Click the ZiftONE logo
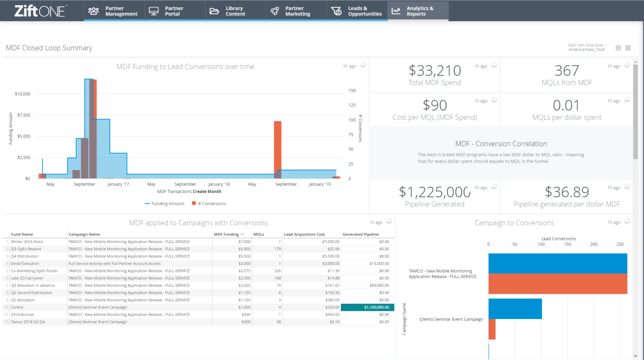40,11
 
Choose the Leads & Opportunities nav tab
357,11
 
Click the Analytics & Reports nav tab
418,11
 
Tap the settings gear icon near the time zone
618,48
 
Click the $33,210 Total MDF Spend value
434,70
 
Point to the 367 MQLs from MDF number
566,70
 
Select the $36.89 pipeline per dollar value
566,192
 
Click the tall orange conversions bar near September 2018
278,145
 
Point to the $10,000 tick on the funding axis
23,94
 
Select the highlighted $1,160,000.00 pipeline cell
367,308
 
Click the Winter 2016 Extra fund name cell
27,242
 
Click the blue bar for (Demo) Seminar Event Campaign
515,309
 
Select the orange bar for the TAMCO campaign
558,284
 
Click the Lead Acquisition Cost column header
304,235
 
